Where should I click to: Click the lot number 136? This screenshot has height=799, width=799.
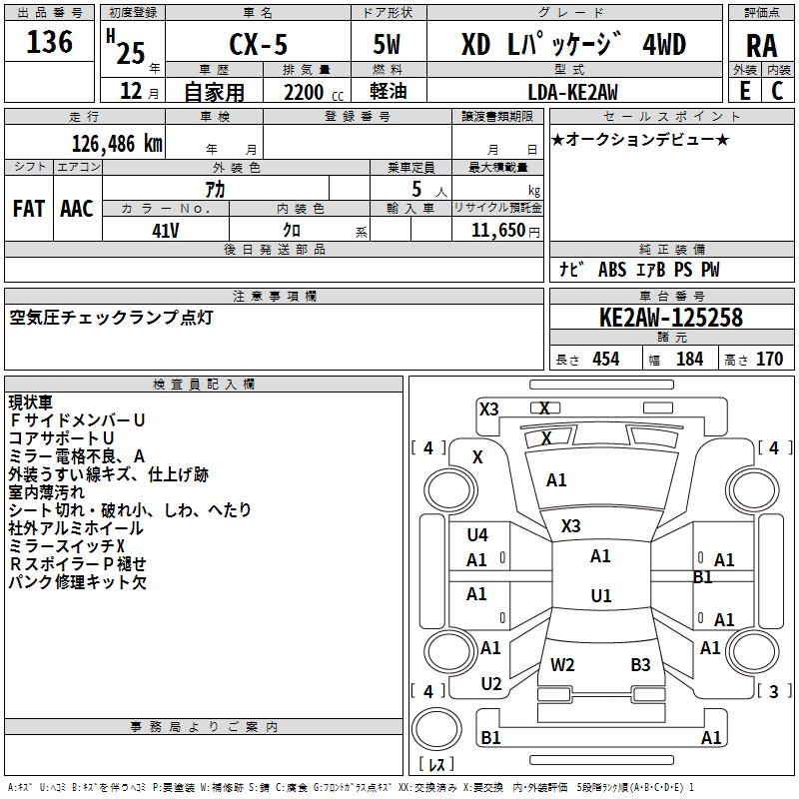coord(49,42)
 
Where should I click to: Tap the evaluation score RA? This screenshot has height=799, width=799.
coord(762,45)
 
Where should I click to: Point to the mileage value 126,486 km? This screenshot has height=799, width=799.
coord(117,144)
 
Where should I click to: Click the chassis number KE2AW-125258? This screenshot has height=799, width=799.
coord(671,319)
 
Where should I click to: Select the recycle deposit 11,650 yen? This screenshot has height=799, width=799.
coord(497,231)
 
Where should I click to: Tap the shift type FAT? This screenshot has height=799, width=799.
coord(28,209)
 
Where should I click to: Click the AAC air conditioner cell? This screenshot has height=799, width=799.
coord(77,209)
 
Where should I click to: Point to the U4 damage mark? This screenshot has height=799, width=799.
coord(477,534)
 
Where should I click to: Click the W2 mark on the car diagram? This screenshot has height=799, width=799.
coord(562,664)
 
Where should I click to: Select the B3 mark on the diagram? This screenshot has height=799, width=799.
coord(640,664)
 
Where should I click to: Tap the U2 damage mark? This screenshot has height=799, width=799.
coord(491,684)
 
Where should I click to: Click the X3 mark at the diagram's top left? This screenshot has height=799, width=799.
coord(489,408)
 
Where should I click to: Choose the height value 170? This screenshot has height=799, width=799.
coord(769,360)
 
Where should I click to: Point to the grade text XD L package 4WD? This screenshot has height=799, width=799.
coord(573,45)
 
